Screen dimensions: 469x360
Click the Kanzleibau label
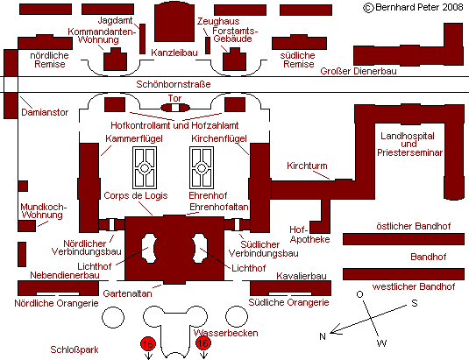pos(174,53)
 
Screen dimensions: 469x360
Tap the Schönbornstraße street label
pos(174,84)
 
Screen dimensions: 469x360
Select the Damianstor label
pos(45,112)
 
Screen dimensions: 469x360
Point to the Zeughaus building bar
pos(208,46)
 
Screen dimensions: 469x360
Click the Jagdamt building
pos(142,39)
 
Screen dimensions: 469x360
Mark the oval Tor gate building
pos(175,108)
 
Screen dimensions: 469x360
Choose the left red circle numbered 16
pos(148,344)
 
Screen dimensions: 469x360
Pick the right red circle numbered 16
pos(203,343)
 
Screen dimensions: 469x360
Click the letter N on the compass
pos(322,336)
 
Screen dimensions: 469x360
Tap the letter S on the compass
pos(415,303)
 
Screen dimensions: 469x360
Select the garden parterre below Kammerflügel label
pos(145,167)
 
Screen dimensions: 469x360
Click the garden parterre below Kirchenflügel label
pos(202,167)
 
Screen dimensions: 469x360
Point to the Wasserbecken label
pos(225,333)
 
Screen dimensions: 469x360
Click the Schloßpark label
pos(75,349)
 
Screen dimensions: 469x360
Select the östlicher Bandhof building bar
pos(403,239)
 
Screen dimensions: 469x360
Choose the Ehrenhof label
pos(208,195)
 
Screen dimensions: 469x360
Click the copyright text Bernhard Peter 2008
pos(413,8)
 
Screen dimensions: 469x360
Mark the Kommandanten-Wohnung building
pos(116,60)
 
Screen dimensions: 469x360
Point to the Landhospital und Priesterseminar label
pos(409,145)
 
